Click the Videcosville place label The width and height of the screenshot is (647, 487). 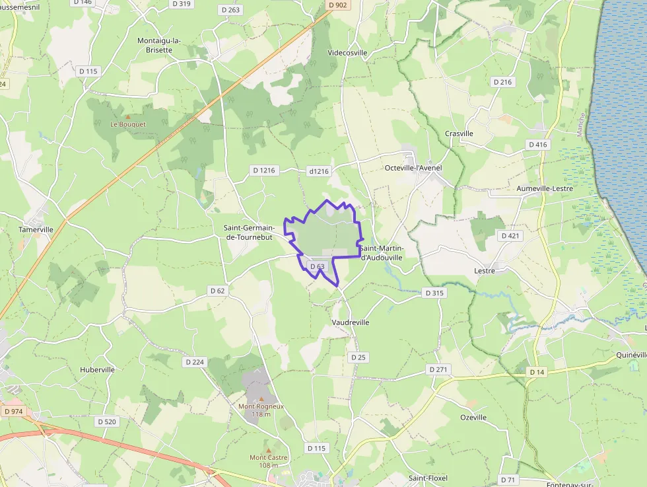point(347,53)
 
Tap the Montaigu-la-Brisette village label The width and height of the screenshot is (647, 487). point(158,45)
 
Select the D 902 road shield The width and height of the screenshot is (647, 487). point(337,5)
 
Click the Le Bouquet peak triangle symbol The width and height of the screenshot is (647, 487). point(128,116)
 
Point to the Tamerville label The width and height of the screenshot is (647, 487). point(36,229)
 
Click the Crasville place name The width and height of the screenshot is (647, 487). point(459,133)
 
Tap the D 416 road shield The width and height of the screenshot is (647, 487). point(538,144)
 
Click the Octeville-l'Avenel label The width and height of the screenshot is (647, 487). point(413,168)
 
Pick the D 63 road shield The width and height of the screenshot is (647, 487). point(317,266)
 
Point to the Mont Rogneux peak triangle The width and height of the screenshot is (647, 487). point(261,399)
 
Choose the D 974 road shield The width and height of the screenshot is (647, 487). point(13,411)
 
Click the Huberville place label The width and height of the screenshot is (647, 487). point(98,370)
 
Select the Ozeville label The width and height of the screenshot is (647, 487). point(473,418)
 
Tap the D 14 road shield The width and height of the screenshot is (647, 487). point(537,373)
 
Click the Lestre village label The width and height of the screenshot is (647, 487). point(485,271)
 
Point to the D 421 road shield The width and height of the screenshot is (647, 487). point(510,236)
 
